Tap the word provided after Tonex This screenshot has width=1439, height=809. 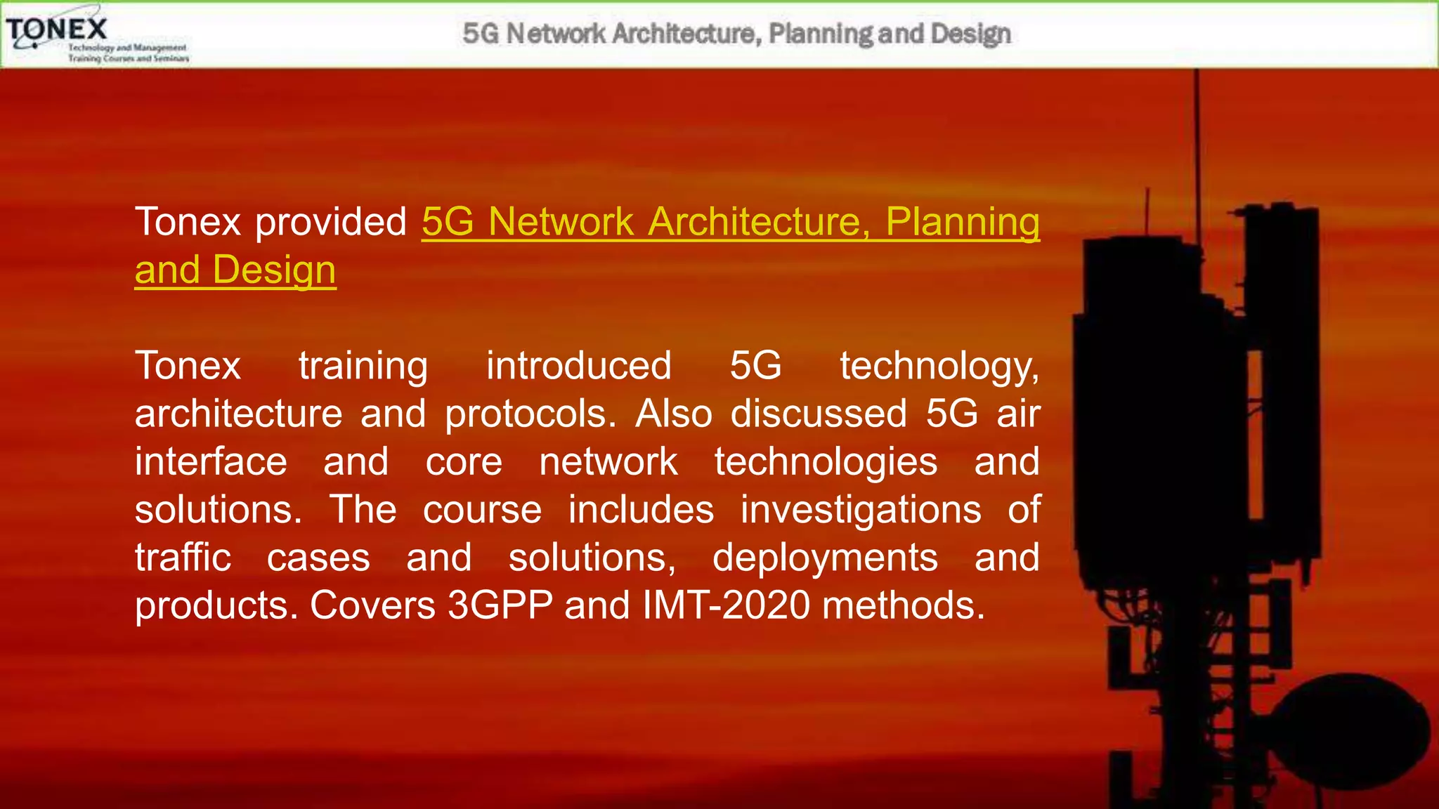click(x=330, y=222)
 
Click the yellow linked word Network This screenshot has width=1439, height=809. click(x=561, y=222)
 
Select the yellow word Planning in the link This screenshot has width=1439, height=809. click(x=962, y=222)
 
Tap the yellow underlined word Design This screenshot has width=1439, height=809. click(x=274, y=270)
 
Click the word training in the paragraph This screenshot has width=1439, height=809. click(x=363, y=367)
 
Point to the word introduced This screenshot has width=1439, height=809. click(x=578, y=367)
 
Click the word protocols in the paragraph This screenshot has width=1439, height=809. click(x=530, y=414)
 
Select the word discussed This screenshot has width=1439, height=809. click(x=819, y=414)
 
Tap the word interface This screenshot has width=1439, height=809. click(x=211, y=462)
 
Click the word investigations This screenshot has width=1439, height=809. click(x=860, y=510)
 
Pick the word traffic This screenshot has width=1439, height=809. click(x=183, y=558)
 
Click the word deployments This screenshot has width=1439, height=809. click(x=825, y=558)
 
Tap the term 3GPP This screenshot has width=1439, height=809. click(x=500, y=605)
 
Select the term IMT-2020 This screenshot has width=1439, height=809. click(x=726, y=605)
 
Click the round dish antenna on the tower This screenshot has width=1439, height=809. click(x=1353, y=730)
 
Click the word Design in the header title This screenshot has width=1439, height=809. click(x=970, y=33)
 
